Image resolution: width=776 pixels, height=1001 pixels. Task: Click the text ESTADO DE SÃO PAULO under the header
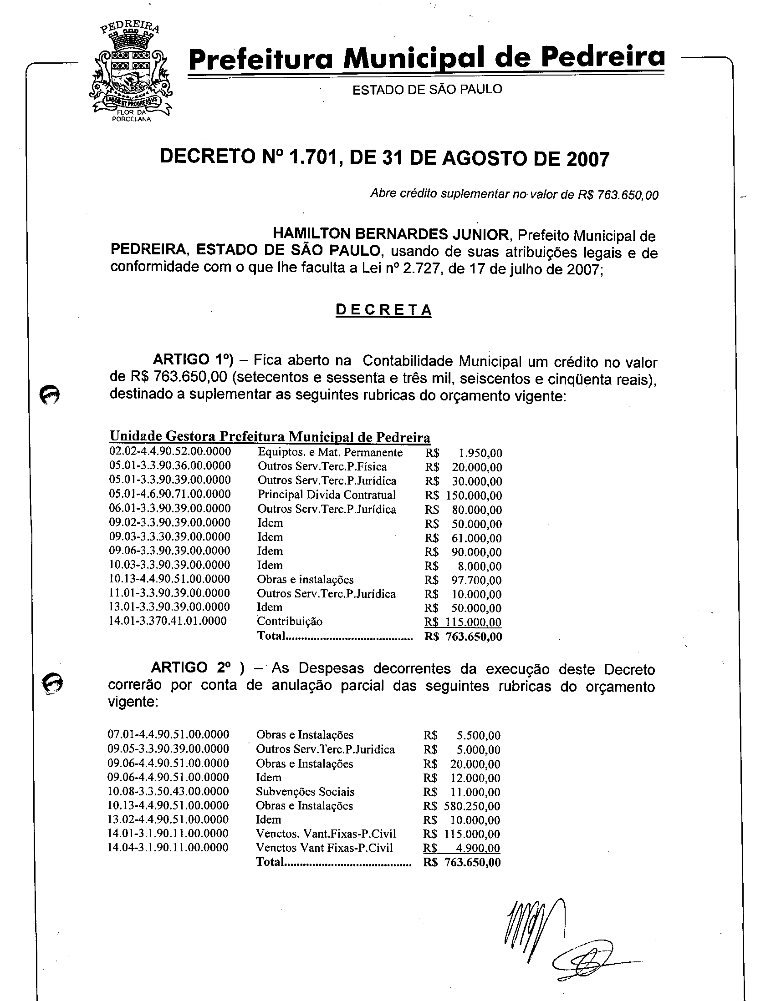[427, 89]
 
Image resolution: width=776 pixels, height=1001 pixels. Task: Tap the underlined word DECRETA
[383, 310]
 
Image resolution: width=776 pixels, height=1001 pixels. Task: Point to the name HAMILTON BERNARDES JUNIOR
[391, 234]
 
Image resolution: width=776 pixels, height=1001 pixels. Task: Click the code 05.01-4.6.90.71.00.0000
[170, 494]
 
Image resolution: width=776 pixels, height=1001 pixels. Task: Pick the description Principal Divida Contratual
[327, 495]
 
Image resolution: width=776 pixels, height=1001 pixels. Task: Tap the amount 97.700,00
[476, 580]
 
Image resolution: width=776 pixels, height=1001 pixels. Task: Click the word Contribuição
[290, 622]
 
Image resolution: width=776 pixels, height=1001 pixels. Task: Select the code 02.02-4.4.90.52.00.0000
[170, 451]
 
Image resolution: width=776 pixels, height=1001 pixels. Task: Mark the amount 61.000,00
[476, 538]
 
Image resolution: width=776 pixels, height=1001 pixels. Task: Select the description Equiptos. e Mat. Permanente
[330, 453]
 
